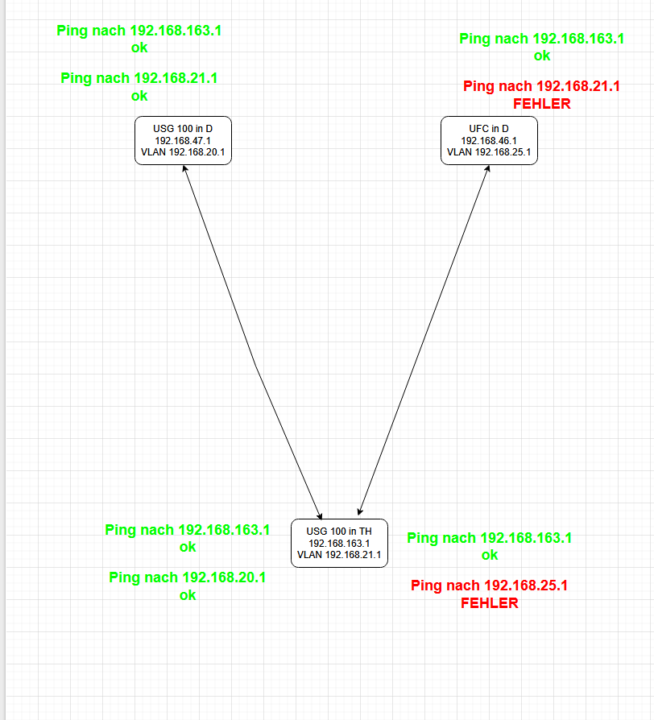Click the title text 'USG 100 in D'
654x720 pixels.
point(183,128)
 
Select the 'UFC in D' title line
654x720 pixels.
point(489,128)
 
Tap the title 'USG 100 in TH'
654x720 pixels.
point(339,532)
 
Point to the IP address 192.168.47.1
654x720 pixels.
point(183,140)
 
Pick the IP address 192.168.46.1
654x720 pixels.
point(489,140)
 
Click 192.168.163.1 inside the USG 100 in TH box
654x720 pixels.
point(339,544)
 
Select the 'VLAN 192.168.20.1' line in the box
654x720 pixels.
point(183,152)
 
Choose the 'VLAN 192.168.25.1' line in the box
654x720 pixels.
point(489,152)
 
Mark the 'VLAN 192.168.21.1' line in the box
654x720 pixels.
point(339,555)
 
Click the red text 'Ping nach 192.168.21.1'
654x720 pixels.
point(542,86)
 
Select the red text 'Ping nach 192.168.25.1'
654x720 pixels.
point(489,586)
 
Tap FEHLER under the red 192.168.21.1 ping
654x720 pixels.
point(542,104)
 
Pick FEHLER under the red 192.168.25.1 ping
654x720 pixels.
point(489,603)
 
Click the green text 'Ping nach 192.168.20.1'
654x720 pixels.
point(188,577)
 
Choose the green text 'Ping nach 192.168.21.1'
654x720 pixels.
point(139,78)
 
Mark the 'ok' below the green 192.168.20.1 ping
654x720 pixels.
point(188,595)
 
